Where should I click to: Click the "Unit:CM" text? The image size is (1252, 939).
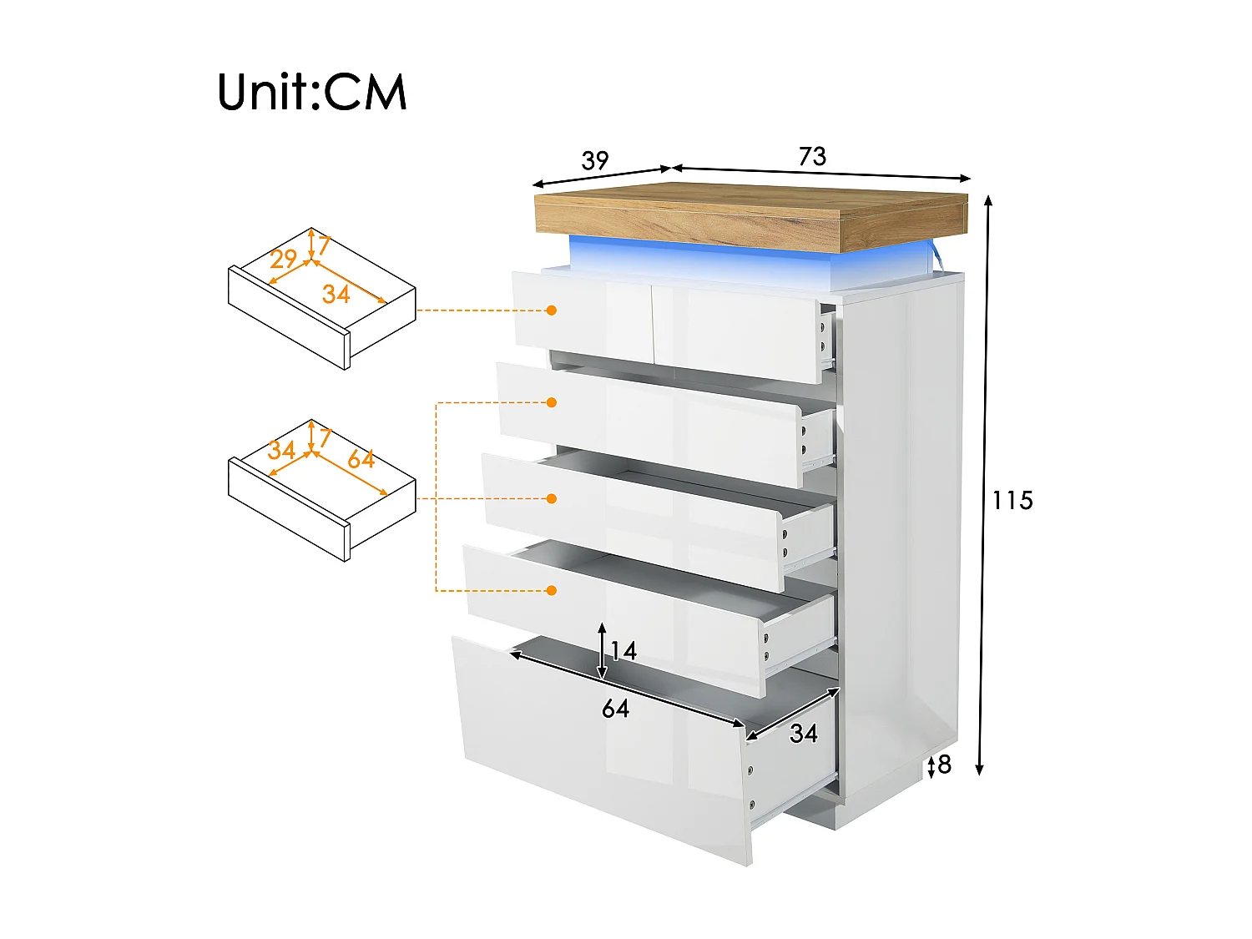[312, 92]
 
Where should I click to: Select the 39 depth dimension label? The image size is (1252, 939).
[595, 160]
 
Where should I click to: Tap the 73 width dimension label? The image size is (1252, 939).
[812, 156]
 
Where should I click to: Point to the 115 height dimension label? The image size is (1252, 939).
[1012, 501]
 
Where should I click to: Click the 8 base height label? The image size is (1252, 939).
[945, 764]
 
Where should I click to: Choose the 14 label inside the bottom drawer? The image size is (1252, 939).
[623, 651]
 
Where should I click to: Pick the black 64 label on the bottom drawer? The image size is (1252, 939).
[616, 709]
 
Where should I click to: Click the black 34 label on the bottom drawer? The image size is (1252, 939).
[804, 734]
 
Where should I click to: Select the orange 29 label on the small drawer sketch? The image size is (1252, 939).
[284, 259]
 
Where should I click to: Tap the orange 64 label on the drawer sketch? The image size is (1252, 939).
[361, 459]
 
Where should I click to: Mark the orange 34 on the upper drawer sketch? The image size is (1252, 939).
[336, 294]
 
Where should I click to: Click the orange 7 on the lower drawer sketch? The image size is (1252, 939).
[325, 437]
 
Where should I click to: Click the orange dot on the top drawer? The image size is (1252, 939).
[551, 310]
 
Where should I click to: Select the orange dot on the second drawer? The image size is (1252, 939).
[551, 402]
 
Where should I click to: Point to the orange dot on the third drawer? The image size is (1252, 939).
[551, 498]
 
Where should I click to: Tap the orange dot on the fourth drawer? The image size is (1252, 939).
[551, 590]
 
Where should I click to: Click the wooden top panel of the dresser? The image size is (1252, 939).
[751, 213]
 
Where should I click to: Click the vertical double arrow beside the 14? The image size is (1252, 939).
[602, 651]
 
